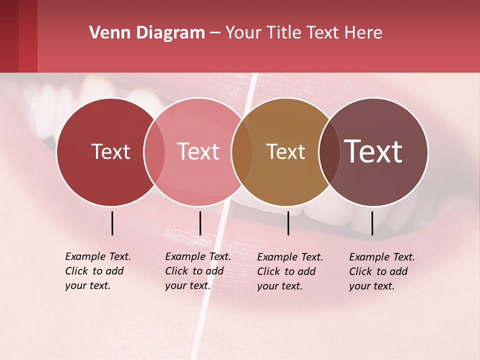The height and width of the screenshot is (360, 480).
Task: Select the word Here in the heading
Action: point(363,33)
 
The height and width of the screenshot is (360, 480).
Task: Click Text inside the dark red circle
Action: point(110,151)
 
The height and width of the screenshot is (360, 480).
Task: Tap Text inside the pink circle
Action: point(198,151)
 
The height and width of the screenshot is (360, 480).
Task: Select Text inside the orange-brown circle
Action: point(285,151)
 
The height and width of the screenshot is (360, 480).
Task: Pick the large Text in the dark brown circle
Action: point(373,151)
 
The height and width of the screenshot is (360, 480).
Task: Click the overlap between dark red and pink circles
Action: point(154,151)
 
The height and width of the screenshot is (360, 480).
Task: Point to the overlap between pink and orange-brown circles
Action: point(242,151)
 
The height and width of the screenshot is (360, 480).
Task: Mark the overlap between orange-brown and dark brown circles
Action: point(328,151)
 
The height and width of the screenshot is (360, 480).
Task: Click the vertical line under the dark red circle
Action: point(112,223)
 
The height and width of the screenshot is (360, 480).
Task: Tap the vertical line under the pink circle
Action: point(200,223)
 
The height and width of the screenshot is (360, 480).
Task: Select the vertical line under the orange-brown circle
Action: point(288,223)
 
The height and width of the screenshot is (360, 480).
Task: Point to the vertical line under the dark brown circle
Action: point(372,223)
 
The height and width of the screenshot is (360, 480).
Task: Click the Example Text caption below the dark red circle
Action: point(97,271)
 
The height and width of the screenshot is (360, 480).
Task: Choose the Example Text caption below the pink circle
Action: point(197,271)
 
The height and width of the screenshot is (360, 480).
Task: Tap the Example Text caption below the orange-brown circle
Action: point(289,271)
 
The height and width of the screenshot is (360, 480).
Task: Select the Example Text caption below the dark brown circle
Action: point(381,271)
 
